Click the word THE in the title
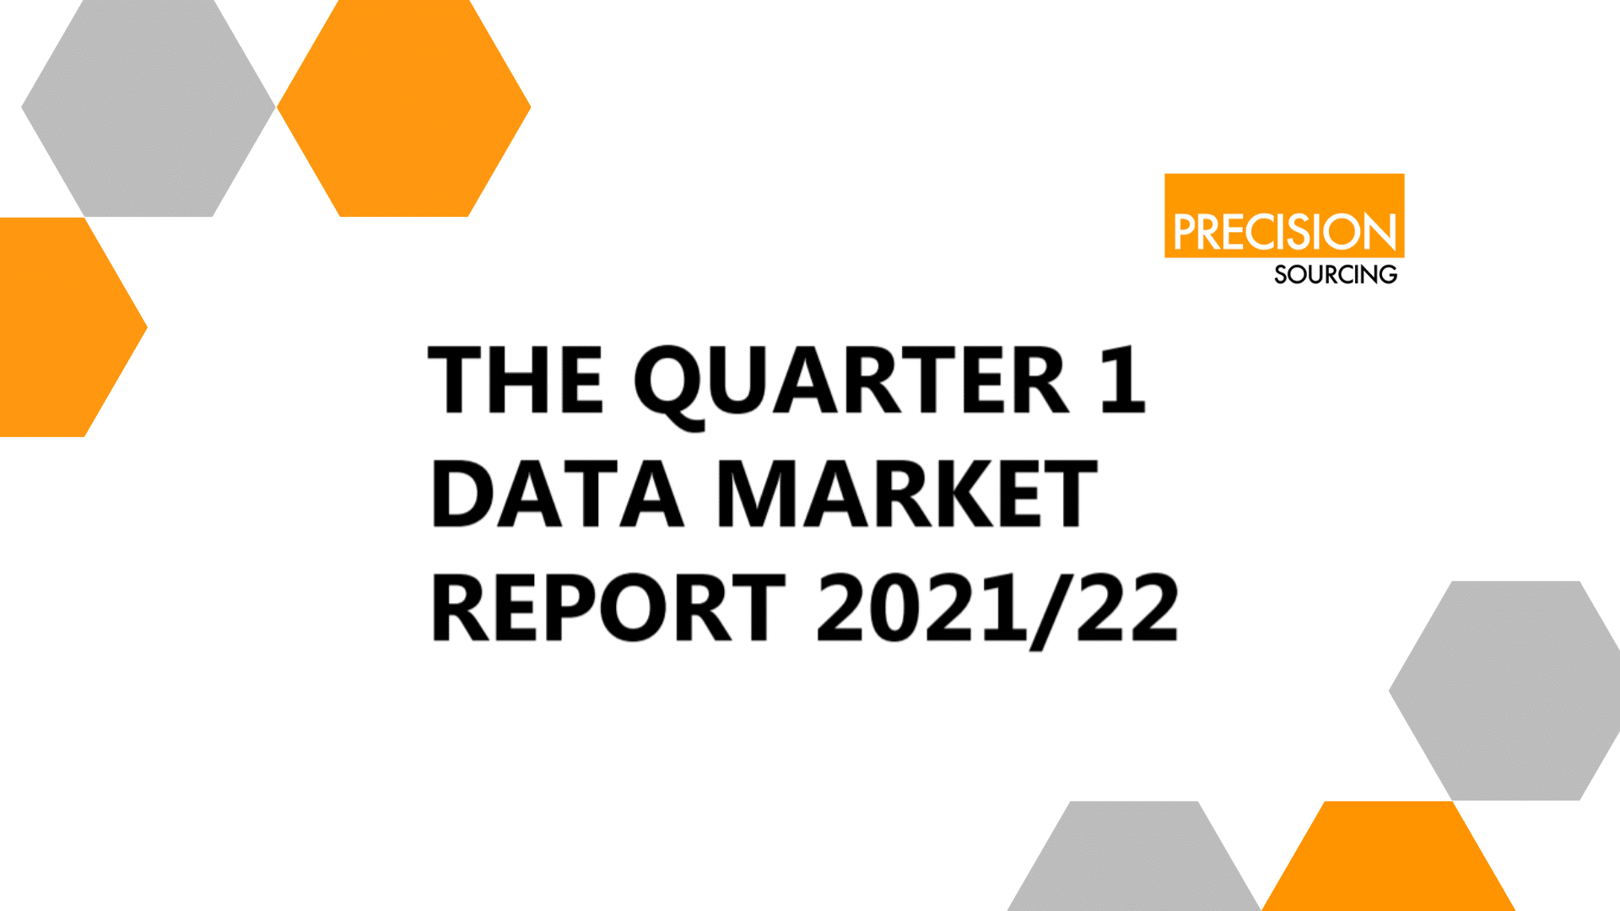(x=516, y=380)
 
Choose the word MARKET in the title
(x=908, y=494)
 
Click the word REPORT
(x=608, y=607)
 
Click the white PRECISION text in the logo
(x=1284, y=232)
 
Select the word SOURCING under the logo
(x=1336, y=275)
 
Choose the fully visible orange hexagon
(x=404, y=108)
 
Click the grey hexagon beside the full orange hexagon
(x=148, y=108)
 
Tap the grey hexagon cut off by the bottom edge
(x=1134, y=856)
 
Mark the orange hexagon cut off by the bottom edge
(x=1389, y=856)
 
